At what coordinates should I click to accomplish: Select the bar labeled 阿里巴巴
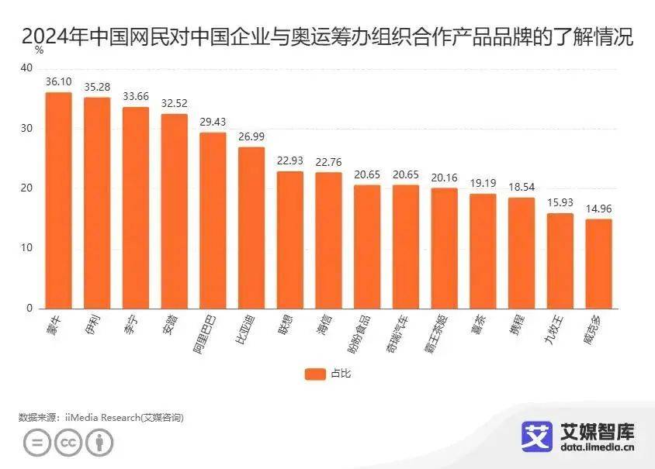click(x=213, y=220)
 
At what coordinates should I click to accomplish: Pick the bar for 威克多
click(x=598, y=264)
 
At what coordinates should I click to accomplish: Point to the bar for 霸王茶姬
click(x=444, y=248)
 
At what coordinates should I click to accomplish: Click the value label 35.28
click(x=97, y=87)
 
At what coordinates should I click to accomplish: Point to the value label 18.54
click(x=522, y=188)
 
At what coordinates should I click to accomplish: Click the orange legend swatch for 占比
click(x=315, y=374)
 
